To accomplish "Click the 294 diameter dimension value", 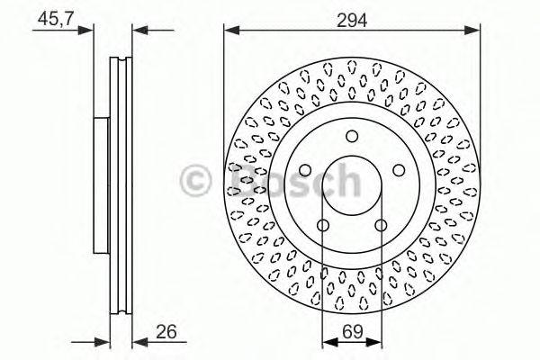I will pos(353,18).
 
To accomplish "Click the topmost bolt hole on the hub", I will pos(351,137).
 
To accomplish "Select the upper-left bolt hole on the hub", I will pos(304,171).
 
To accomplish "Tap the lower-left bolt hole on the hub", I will pos(322,225).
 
